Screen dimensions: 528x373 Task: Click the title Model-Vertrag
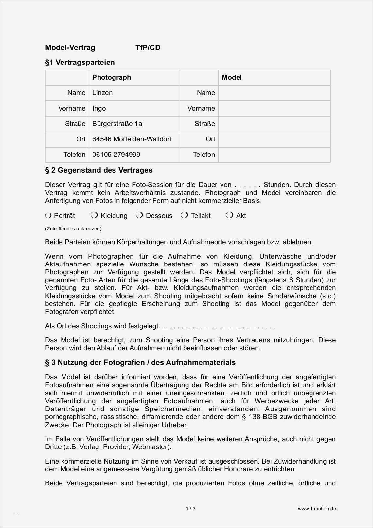click(70, 48)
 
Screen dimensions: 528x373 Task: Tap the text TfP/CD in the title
click(148, 48)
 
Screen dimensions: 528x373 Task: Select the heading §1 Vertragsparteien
click(80, 63)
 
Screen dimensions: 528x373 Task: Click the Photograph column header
click(112, 78)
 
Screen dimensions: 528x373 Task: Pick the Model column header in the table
click(232, 78)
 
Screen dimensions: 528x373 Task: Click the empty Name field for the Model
click(274, 93)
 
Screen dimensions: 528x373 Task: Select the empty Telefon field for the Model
click(274, 155)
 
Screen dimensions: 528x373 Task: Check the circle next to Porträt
click(48, 215)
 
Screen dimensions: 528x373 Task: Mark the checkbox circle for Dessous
click(139, 215)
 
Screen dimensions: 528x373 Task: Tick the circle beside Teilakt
click(185, 215)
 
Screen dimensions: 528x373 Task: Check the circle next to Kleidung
click(94, 215)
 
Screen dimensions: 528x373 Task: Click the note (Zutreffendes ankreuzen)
click(73, 229)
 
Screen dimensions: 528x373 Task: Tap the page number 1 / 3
click(191, 509)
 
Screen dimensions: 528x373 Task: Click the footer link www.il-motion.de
click(317, 509)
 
